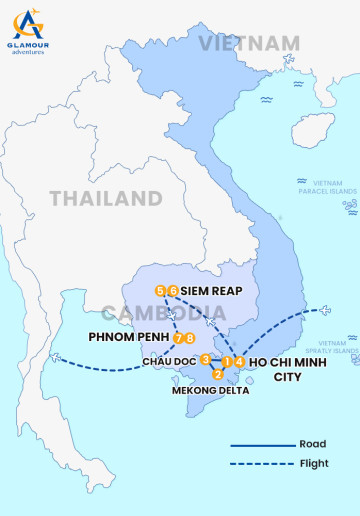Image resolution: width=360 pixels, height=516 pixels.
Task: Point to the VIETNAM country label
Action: tap(248, 43)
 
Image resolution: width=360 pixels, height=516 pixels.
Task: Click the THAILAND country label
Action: tap(106, 197)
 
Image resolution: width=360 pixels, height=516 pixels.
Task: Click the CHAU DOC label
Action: tap(169, 360)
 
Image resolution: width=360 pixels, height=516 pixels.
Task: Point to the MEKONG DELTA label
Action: tap(210, 390)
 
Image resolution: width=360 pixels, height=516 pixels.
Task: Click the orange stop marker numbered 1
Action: tap(228, 360)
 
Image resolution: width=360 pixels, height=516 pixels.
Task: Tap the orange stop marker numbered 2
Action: tap(218, 374)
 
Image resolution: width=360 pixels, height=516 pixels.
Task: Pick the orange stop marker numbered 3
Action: tap(205, 359)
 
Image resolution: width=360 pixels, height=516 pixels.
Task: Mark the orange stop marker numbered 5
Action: tap(160, 290)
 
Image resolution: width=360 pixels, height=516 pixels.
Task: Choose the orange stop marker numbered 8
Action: tap(190, 338)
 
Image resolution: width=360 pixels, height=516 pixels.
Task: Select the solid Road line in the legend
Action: tap(261, 444)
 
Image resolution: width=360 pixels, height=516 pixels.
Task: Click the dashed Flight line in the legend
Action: tap(261, 463)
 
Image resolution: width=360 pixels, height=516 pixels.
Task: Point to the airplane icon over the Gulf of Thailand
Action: tap(55, 357)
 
